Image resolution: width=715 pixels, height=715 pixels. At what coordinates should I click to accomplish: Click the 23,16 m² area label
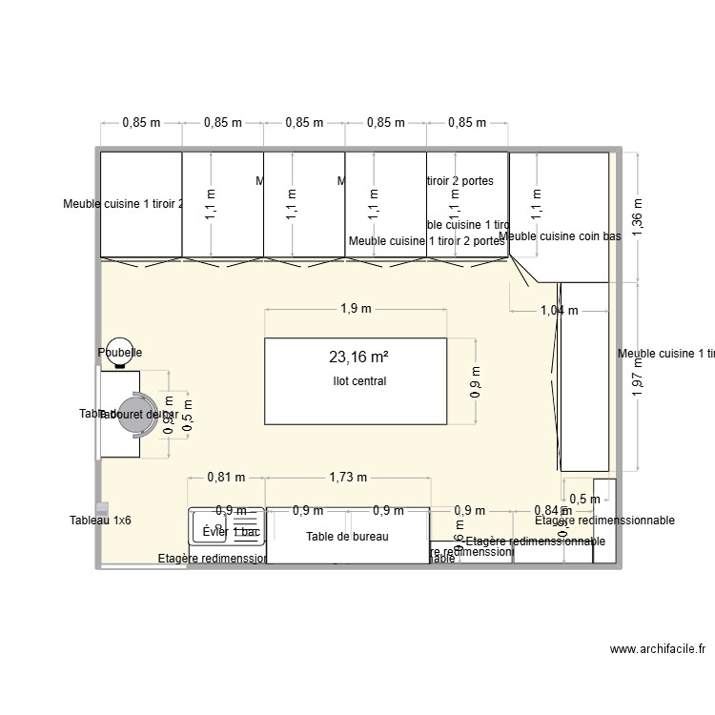[358, 357]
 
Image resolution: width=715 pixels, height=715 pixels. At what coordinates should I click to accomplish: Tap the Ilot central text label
[354, 381]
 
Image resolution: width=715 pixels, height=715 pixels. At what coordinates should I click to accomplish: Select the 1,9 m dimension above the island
[355, 308]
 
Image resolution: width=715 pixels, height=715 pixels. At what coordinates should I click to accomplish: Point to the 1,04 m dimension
[559, 310]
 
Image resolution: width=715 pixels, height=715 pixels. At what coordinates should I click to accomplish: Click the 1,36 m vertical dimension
[638, 215]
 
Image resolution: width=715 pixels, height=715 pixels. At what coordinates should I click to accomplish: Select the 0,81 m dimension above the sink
[226, 477]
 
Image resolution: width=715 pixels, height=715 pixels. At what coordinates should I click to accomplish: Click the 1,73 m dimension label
[347, 477]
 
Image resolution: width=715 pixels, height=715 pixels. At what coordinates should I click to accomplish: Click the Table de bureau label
[347, 537]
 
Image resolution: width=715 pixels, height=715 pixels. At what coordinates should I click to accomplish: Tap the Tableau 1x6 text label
[100, 521]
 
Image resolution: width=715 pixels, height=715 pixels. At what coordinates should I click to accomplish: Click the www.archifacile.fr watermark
[657, 649]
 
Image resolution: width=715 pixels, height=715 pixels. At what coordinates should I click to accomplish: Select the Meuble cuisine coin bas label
[560, 236]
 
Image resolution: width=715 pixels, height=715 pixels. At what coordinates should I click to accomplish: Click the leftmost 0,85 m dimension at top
[141, 122]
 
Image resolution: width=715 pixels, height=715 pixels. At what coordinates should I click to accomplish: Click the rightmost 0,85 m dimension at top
[467, 122]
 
